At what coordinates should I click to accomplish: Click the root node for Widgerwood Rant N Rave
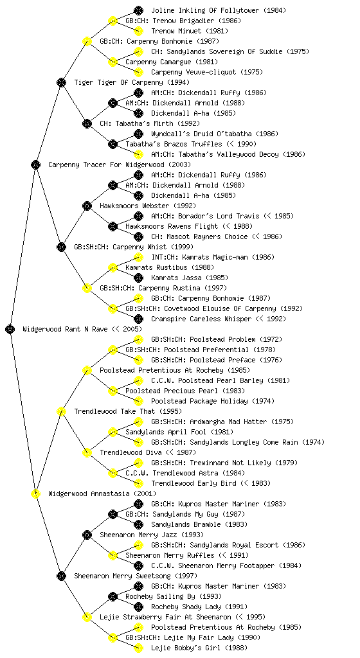coord(10,329)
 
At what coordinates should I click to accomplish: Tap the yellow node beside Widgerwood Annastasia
coord(35,493)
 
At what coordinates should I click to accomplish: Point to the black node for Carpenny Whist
coord(61,247)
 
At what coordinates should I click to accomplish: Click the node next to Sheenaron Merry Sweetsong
coord(61,576)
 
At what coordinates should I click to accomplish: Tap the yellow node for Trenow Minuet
coord(138,31)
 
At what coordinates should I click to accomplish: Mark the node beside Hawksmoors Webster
coord(87,206)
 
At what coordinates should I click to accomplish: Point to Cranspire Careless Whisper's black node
coord(138,319)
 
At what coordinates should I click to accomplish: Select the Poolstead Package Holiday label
coord(199,401)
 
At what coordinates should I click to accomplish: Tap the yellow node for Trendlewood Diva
coord(87,452)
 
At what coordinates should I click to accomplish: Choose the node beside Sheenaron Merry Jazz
coord(87,535)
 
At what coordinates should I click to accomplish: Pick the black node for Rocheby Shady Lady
coord(138,607)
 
